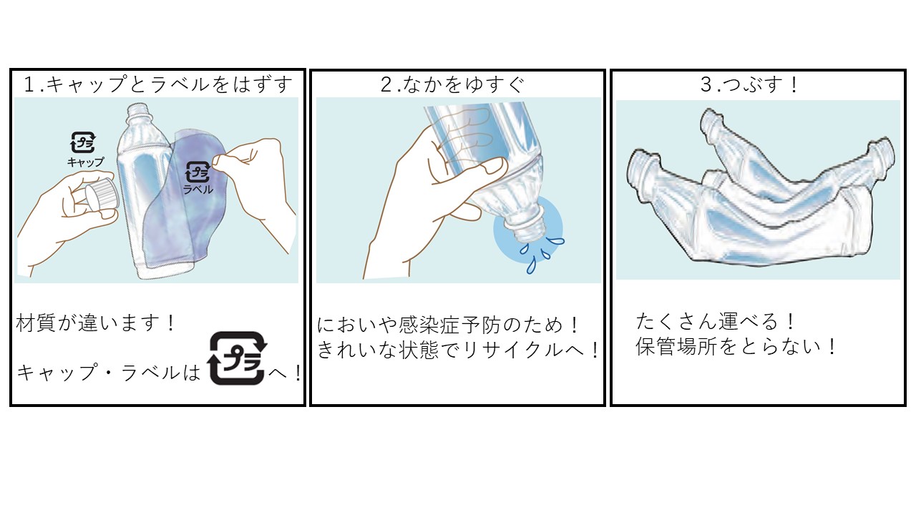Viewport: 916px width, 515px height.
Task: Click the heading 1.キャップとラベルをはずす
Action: click(x=158, y=84)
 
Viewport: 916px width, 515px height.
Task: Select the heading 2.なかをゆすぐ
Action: click(x=452, y=84)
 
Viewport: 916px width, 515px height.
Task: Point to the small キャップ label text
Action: click(x=85, y=162)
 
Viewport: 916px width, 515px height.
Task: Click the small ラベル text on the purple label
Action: click(x=198, y=190)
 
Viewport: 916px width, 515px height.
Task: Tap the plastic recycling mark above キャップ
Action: click(x=83, y=142)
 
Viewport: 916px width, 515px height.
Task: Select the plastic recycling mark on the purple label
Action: click(x=198, y=172)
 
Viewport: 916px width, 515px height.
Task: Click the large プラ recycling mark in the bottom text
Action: click(x=237, y=358)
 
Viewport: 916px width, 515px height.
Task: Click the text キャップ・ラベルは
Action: click(x=109, y=373)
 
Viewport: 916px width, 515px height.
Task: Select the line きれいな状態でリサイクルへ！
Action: click(x=458, y=350)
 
